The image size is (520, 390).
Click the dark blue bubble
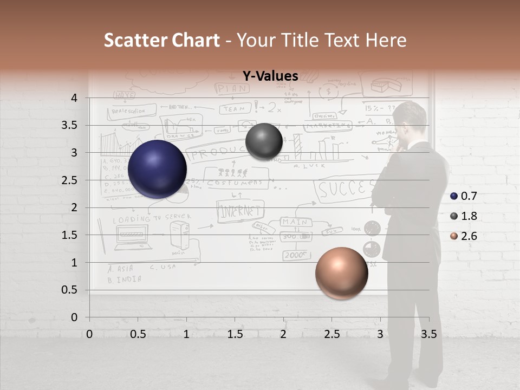point(157,169)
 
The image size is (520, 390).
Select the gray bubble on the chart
point(264,142)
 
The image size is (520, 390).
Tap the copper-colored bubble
point(341,273)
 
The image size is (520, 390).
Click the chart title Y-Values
point(270,76)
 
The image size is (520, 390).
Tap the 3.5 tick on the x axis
point(428,334)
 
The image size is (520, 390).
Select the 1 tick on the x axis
point(186,334)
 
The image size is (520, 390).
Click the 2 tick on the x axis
point(283,334)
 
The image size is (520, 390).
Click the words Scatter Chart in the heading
point(162,40)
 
